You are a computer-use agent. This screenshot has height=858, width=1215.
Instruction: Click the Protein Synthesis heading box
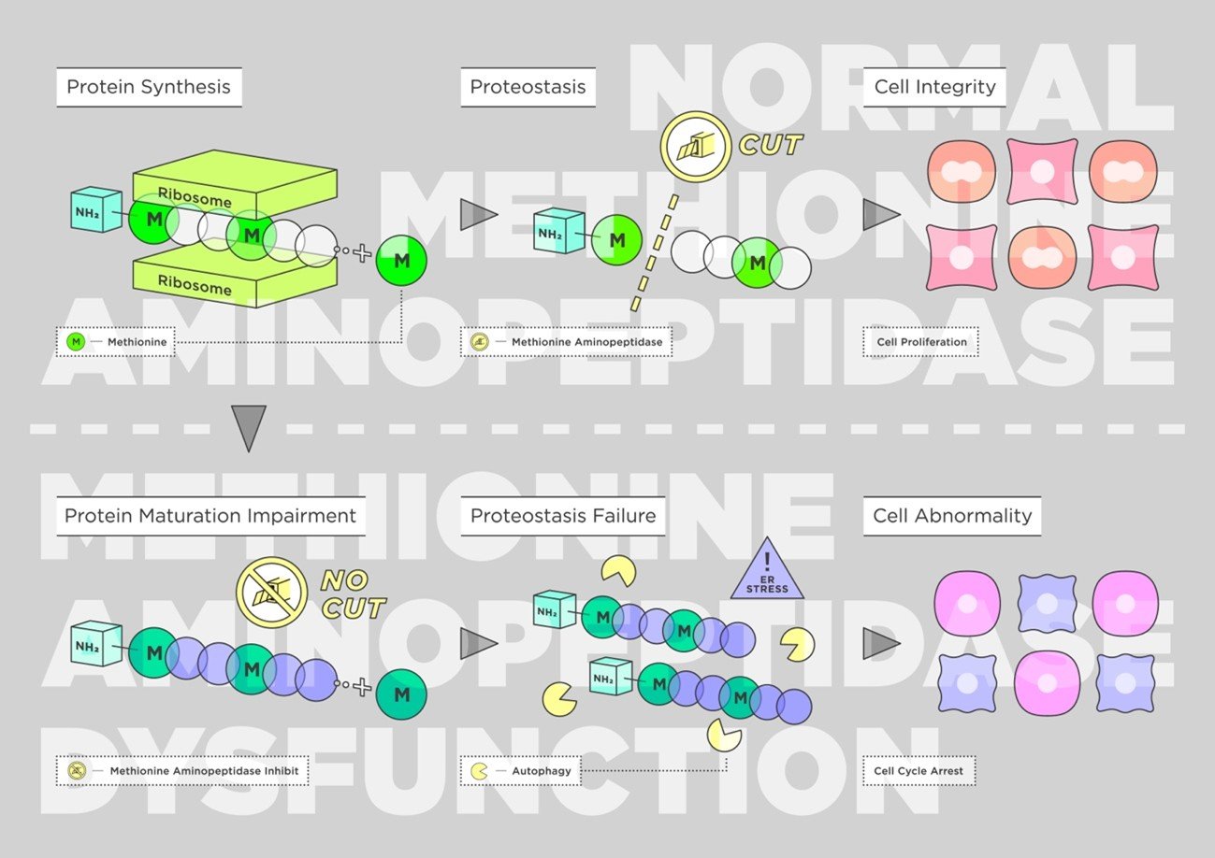(x=149, y=87)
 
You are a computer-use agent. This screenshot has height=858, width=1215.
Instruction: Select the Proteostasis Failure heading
(x=563, y=515)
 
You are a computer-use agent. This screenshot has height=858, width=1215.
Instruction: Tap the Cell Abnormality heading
(x=952, y=515)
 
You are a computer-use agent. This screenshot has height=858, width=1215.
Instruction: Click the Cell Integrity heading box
(x=934, y=87)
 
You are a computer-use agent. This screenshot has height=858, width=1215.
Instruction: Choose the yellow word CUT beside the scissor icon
(x=770, y=145)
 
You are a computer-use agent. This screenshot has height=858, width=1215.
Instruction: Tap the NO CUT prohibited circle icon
(x=272, y=593)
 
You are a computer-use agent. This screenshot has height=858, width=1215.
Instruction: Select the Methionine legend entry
(x=116, y=342)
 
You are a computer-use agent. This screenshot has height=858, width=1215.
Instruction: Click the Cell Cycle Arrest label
(x=918, y=771)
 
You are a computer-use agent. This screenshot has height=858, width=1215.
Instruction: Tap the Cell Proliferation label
(x=921, y=342)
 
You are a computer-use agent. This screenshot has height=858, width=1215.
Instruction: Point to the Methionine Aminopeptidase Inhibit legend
(x=182, y=771)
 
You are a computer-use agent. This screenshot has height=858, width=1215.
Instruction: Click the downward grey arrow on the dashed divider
(x=249, y=428)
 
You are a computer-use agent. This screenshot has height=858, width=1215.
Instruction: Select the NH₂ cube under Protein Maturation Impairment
(x=96, y=643)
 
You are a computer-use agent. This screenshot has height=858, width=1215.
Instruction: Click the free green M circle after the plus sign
(x=401, y=261)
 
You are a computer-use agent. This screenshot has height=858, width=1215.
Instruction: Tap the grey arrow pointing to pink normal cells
(x=881, y=215)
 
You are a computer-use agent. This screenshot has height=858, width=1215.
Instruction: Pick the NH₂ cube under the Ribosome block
(x=96, y=209)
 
